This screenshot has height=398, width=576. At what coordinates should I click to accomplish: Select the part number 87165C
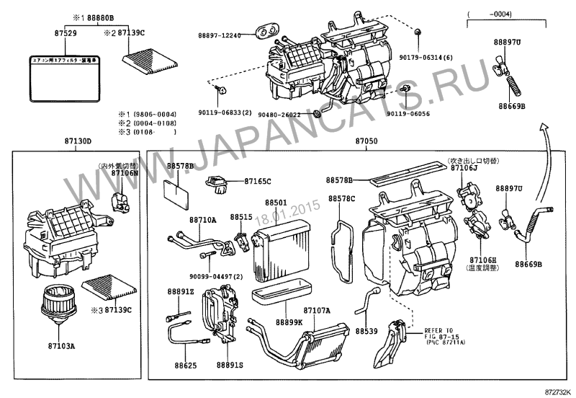[x=257, y=182]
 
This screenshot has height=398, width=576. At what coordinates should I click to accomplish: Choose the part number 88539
[x=366, y=331]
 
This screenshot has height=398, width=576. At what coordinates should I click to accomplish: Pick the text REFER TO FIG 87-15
[x=438, y=329]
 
